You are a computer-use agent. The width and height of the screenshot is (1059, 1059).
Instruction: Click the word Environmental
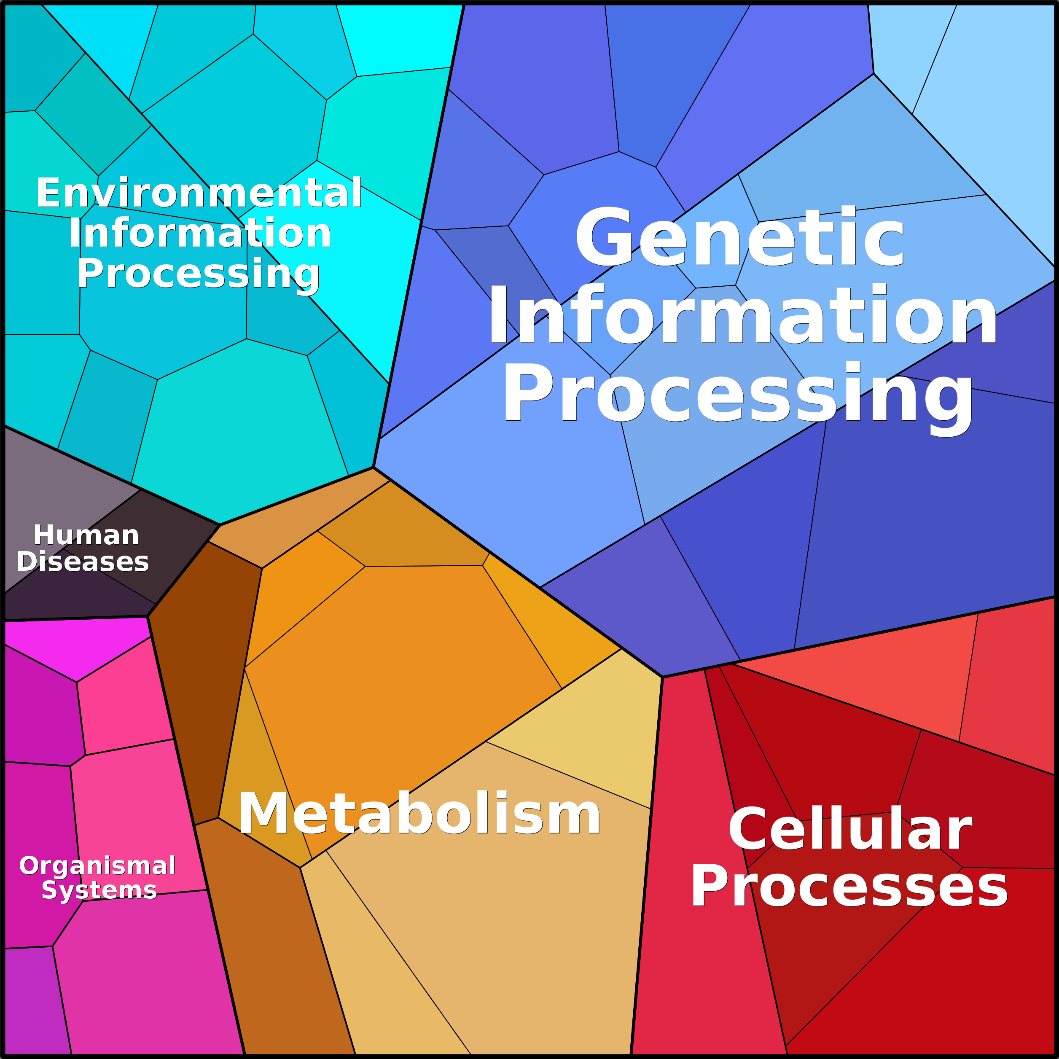(199, 193)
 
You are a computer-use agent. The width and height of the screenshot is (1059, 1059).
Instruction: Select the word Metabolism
(419, 814)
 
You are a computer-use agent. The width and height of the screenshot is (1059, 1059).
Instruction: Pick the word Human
(86, 535)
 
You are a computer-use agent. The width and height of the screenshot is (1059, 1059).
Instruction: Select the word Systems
(99, 889)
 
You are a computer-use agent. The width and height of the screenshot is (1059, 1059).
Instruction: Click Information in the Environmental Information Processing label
(200, 234)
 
